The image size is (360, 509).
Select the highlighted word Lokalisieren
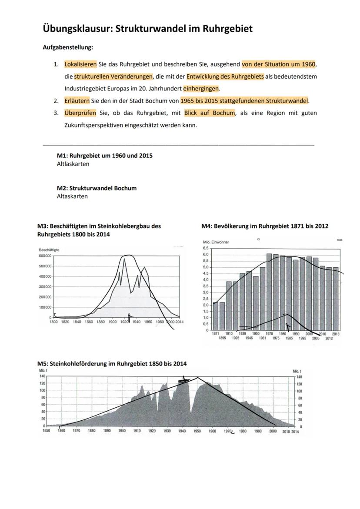pyautogui.click(x=80, y=64)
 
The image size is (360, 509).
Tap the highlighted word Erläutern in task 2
pyautogui.click(x=77, y=101)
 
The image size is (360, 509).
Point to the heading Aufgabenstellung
pyautogui.click(x=67, y=47)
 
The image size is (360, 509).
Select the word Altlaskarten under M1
pyautogui.click(x=73, y=164)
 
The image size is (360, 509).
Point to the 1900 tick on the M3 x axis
pyautogui.click(x=112, y=322)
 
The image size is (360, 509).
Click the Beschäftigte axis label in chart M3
pyautogui.click(x=49, y=250)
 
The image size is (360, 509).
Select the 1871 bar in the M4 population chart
pyautogui.click(x=215, y=316)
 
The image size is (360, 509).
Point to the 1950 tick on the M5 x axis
pyautogui.click(x=197, y=431)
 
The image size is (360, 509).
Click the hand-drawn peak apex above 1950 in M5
pyautogui.click(x=198, y=377)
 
